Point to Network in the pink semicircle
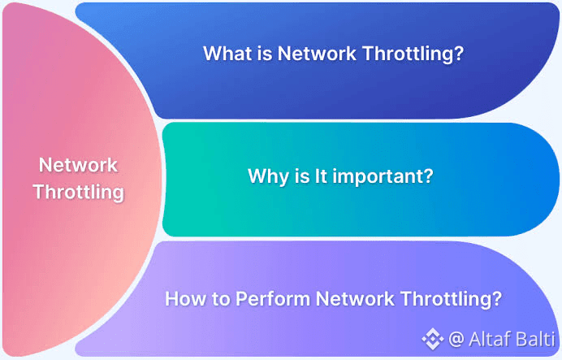click(79, 165)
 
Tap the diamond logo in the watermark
click(430, 337)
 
